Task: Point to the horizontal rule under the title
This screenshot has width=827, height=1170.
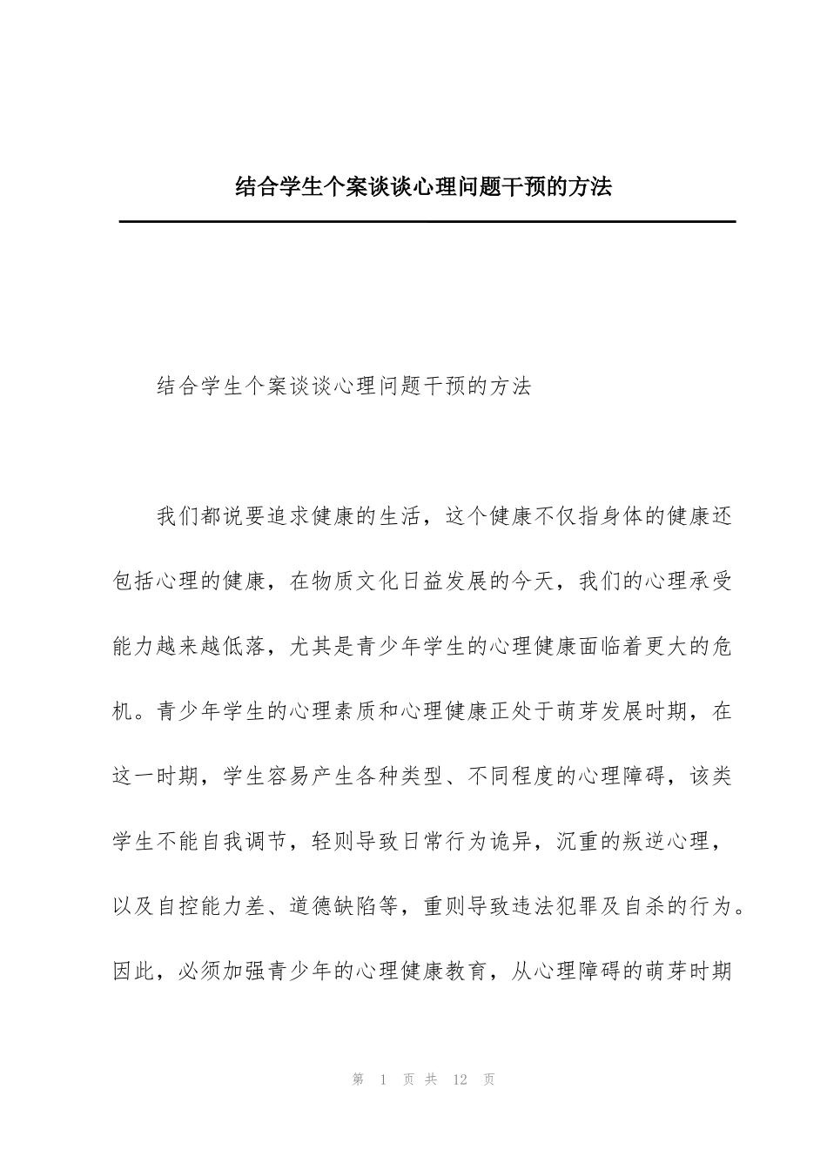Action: tap(427, 222)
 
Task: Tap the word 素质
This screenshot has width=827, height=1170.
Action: tap(354, 711)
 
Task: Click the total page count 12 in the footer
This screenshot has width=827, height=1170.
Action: tap(461, 1079)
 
